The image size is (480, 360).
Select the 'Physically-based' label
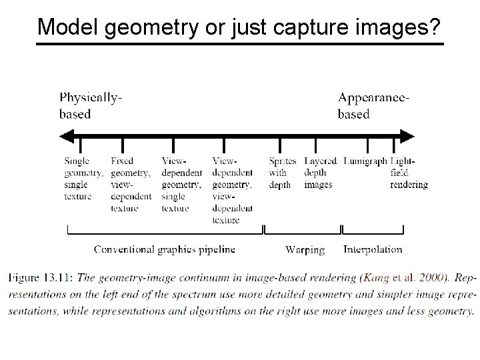tap(91, 105)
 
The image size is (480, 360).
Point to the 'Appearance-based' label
tap(374, 105)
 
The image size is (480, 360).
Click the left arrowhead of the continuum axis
tap(65, 137)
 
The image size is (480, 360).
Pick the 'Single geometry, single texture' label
tap(83, 179)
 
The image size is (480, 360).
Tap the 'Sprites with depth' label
tap(283, 173)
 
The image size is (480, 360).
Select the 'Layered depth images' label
tap(320, 173)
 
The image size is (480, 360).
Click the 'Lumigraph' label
tap(365, 161)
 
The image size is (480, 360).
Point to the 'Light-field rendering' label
tap(408, 173)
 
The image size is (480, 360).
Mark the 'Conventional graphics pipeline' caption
tap(165, 249)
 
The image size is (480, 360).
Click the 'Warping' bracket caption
tap(305, 250)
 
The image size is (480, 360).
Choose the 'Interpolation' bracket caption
tap(373, 249)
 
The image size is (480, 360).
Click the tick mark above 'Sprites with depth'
tap(280, 145)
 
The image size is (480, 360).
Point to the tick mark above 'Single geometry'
tap(80, 145)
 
